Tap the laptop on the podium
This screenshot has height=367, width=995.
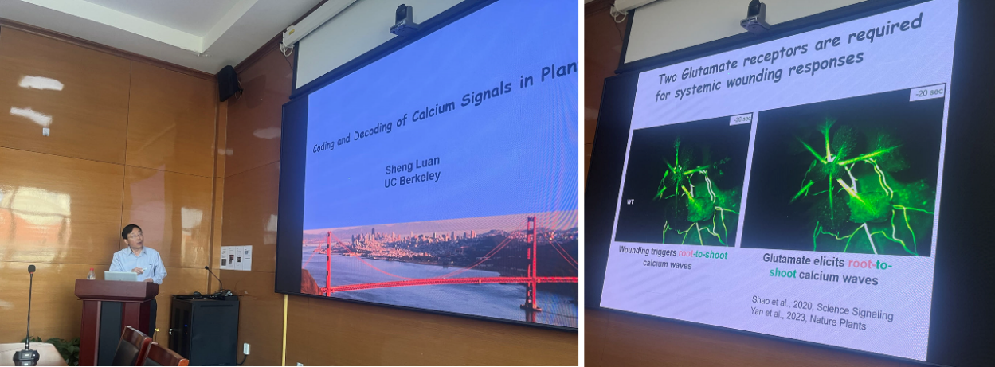click(x=121, y=276)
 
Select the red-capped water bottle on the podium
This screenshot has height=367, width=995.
click(x=92, y=274)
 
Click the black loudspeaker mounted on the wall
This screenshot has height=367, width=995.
click(x=228, y=83)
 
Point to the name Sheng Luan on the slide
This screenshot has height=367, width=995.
click(x=413, y=165)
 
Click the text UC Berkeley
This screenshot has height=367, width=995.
click(x=412, y=179)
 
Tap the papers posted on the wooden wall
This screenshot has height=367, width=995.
click(x=236, y=258)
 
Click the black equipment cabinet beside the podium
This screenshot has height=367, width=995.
click(x=205, y=330)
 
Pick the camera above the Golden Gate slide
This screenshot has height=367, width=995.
click(x=403, y=19)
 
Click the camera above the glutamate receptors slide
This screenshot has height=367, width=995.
click(x=754, y=17)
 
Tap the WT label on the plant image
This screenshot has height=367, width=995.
click(x=630, y=202)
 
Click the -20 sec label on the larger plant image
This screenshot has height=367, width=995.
click(x=927, y=92)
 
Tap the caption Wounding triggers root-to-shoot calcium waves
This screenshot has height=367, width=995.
click(x=672, y=258)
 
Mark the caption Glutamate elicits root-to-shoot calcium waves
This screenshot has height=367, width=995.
click(x=827, y=269)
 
